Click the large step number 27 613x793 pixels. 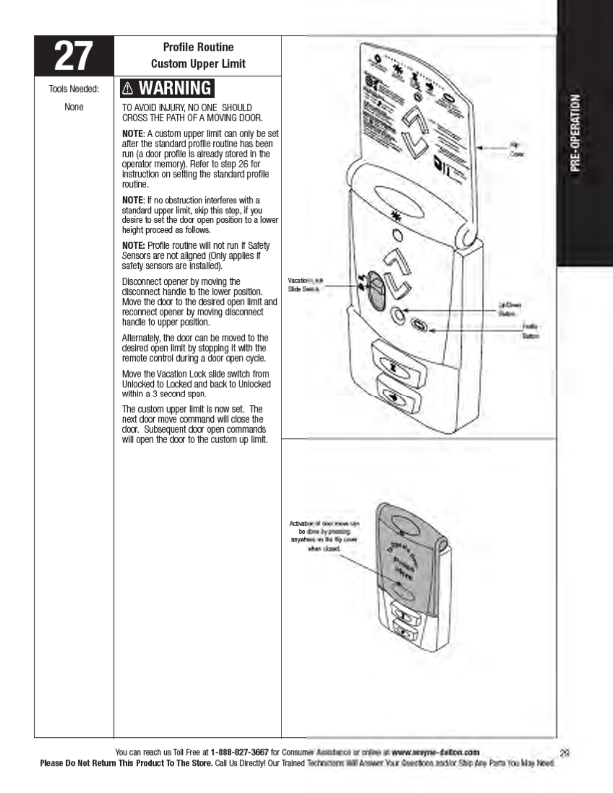(x=74, y=56)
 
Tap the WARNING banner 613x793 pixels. (x=167, y=88)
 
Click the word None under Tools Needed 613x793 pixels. (x=74, y=107)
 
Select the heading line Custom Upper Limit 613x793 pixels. (x=198, y=64)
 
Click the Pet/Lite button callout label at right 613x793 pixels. (x=530, y=331)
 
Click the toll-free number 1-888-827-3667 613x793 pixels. (x=239, y=752)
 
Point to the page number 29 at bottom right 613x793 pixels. (x=565, y=752)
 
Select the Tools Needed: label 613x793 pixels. (x=74, y=89)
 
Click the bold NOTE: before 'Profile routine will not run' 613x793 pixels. (x=133, y=246)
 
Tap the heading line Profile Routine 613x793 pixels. (x=198, y=47)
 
